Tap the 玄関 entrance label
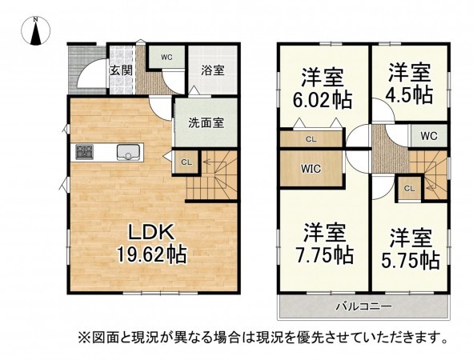[120, 70]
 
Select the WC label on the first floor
[166, 57]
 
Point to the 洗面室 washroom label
[205, 123]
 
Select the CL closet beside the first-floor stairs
[186, 162]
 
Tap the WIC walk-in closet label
[311, 169]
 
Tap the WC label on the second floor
[428, 135]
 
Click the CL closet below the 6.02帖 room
[310, 139]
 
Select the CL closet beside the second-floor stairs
[408, 188]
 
